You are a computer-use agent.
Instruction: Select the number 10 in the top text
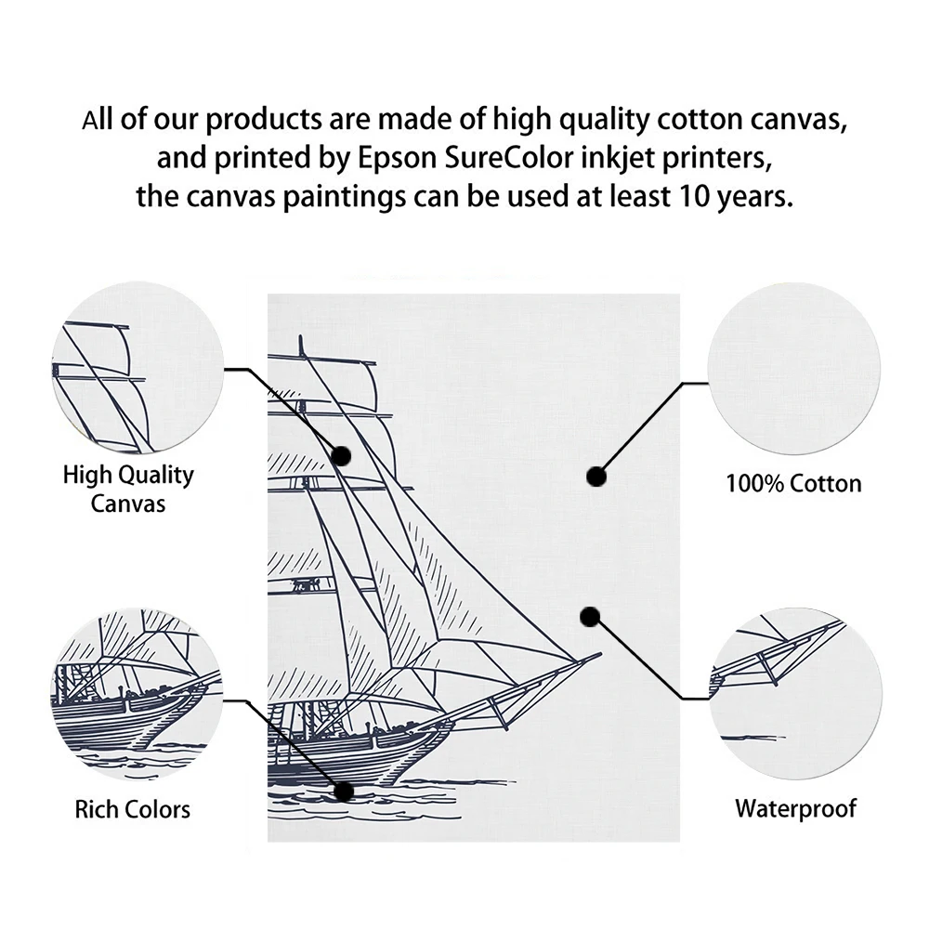tap(700, 197)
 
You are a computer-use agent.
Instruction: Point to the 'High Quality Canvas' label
tap(128, 489)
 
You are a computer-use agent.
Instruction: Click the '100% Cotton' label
tap(793, 483)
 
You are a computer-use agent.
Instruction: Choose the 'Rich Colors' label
tap(133, 808)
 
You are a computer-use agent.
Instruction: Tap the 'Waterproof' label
tap(796, 808)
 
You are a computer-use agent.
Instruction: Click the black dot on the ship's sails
tap(341, 455)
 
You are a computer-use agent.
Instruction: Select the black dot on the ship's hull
tap(344, 792)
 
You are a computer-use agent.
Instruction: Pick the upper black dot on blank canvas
tap(596, 477)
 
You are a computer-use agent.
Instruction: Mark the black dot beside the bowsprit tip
tap(589, 616)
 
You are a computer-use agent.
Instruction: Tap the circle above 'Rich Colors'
tap(136, 692)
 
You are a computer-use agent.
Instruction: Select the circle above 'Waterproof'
tap(794, 692)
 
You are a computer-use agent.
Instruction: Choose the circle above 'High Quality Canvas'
tap(136, 369)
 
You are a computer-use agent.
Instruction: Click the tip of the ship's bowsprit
tap(599, 655)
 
